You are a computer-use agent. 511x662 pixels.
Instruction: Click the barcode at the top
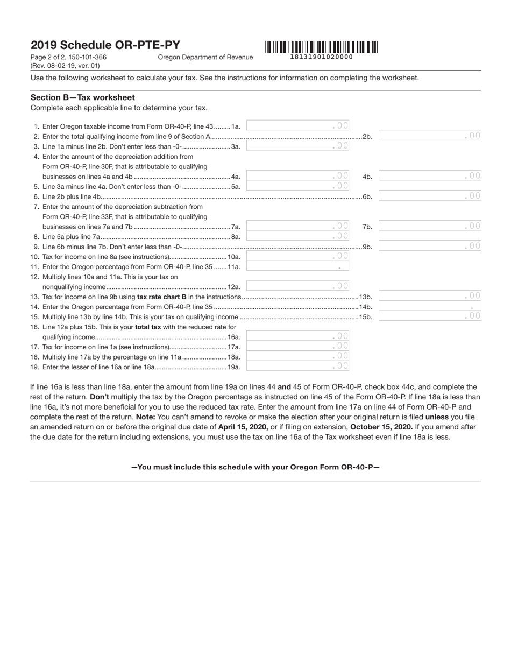click(x=321, y=47)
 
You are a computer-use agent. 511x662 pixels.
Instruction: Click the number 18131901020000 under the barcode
click(x=321, y=57)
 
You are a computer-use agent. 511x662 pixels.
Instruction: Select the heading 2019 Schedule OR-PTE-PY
click(x=105, y=45)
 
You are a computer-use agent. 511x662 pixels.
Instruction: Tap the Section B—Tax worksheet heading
click(x=83, y=97)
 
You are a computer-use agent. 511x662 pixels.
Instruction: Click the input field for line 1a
click(x=297, y=125)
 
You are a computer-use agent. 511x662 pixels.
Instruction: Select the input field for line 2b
click(x=430, y=136)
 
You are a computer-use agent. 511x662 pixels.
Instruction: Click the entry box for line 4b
click(x=430, y=175)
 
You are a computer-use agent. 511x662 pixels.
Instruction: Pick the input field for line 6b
click(x=430, y=196)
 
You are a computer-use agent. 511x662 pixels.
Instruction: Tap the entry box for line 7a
click(x=297, y=226)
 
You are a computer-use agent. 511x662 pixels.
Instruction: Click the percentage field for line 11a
click(x=297, y=266)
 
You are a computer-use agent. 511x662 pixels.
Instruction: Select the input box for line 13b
click(x=430, y=295)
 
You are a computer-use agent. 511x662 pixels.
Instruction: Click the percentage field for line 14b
click(x=430, y=306)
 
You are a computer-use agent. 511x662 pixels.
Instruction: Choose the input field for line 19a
click(x=297, y=366)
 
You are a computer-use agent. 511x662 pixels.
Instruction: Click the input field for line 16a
click(x=297, y=336)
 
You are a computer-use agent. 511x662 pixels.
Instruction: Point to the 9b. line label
click(x=367, y=247)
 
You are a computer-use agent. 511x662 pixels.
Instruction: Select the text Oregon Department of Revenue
click(x=205, y=57)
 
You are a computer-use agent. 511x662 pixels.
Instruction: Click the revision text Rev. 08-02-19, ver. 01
click(x=65, y=66)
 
